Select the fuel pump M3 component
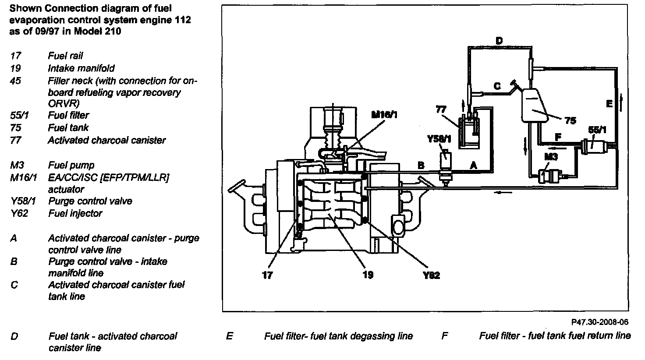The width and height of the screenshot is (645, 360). click(546, 175)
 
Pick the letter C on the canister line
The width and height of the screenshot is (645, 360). click(497, 86)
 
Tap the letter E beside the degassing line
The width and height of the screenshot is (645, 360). click(609, 104)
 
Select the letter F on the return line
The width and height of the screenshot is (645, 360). click(558, 137)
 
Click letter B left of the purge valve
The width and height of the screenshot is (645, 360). click(421, 166)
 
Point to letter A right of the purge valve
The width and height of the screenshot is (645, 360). click(473, 165)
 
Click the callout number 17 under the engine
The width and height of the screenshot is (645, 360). click(267, 275)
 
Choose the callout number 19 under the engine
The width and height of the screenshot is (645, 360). click(368, 275)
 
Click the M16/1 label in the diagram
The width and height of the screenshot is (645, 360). click(386, 115)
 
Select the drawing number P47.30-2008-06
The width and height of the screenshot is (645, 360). click(599, 322)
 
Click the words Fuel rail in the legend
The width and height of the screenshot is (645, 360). click(65, 56)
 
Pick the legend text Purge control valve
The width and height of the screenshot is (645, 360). click(90, 201)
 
